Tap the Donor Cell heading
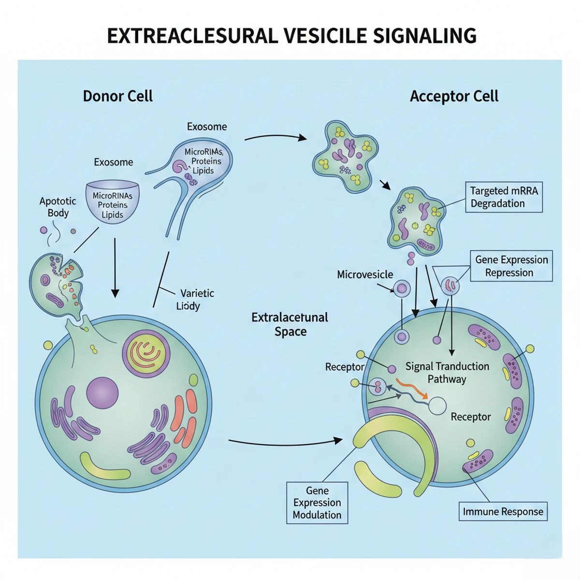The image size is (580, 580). (x=117, y=96)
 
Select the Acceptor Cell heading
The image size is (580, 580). (x=454, y=96)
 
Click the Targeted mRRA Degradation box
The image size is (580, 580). (x=504, y=197)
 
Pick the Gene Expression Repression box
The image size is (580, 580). (x=511, y=266)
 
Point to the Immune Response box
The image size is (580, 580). (x=503, y=511)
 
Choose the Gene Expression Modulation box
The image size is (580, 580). (x=317, y=503)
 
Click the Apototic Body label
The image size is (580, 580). (x=58, y=207)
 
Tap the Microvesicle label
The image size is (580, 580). (x=365, y=275)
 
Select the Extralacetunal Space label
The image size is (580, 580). (x=290, y=324)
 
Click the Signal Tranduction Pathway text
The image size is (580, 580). (x=447, y=373)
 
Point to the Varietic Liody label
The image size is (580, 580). (x=196, y=299)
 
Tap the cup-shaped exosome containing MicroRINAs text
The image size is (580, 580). (x=112, y=202)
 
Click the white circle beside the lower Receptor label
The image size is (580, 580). (x=438, y=406)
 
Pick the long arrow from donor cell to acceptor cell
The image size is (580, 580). (x=285, y=441)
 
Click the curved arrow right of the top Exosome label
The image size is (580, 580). (x=275, y=137)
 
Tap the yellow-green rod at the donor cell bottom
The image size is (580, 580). (x=105, y=466)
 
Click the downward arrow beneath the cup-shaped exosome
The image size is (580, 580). (x=115, y=268)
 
